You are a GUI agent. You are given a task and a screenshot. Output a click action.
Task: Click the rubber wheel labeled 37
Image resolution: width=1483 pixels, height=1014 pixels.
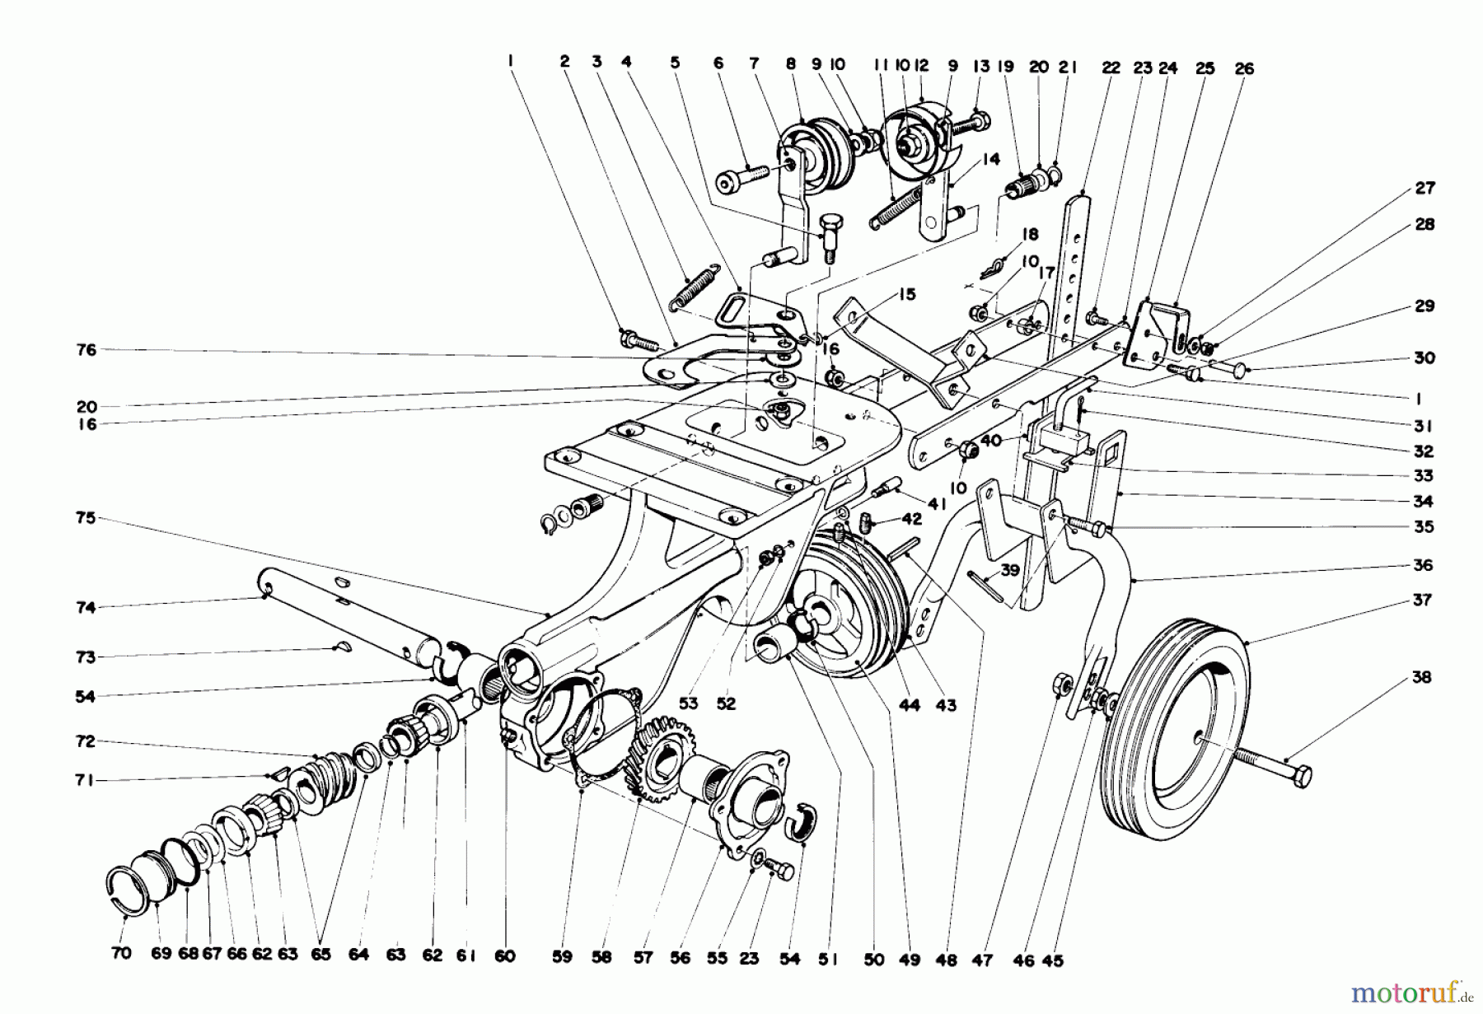[x=1174, y=725]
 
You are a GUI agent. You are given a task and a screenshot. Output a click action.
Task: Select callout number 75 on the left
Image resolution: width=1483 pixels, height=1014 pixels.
[x=85, y=518]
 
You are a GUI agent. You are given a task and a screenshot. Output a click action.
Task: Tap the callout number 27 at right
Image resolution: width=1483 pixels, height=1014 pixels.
[x=1425, y=189]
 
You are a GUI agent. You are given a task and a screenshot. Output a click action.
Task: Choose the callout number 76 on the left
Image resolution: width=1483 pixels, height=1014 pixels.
[x=86, y=350]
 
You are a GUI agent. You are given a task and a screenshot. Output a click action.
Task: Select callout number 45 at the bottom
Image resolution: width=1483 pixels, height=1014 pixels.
[x=1052, y=960]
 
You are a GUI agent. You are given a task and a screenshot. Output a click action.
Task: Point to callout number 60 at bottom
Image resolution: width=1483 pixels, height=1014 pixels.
[x=504, y=956]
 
